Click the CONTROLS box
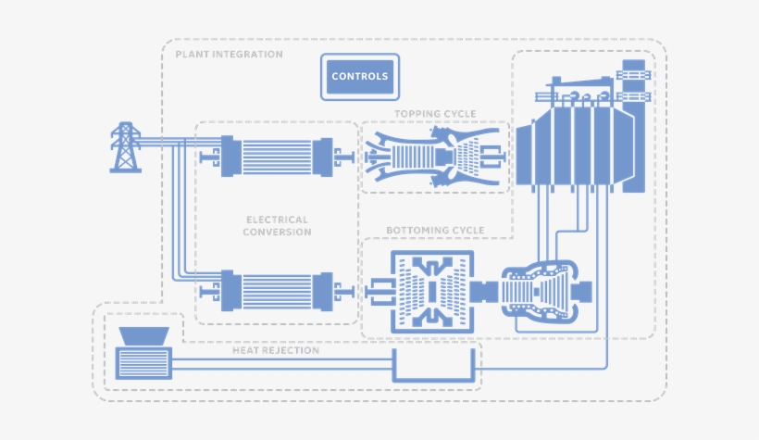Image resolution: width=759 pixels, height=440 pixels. [359, 77]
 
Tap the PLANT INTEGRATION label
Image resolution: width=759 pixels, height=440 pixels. [229, 55]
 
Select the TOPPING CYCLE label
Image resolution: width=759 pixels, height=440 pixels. [435, 114]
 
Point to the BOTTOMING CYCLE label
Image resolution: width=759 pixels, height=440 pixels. [436, 230]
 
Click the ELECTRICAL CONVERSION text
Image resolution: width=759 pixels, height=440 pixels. [277, 226]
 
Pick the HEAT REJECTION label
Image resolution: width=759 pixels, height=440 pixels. [275, 351]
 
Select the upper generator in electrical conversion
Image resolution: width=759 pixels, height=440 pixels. [277, 156]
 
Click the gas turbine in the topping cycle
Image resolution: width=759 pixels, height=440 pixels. [433, 156]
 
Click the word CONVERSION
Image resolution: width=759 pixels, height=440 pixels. [277, 233]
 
